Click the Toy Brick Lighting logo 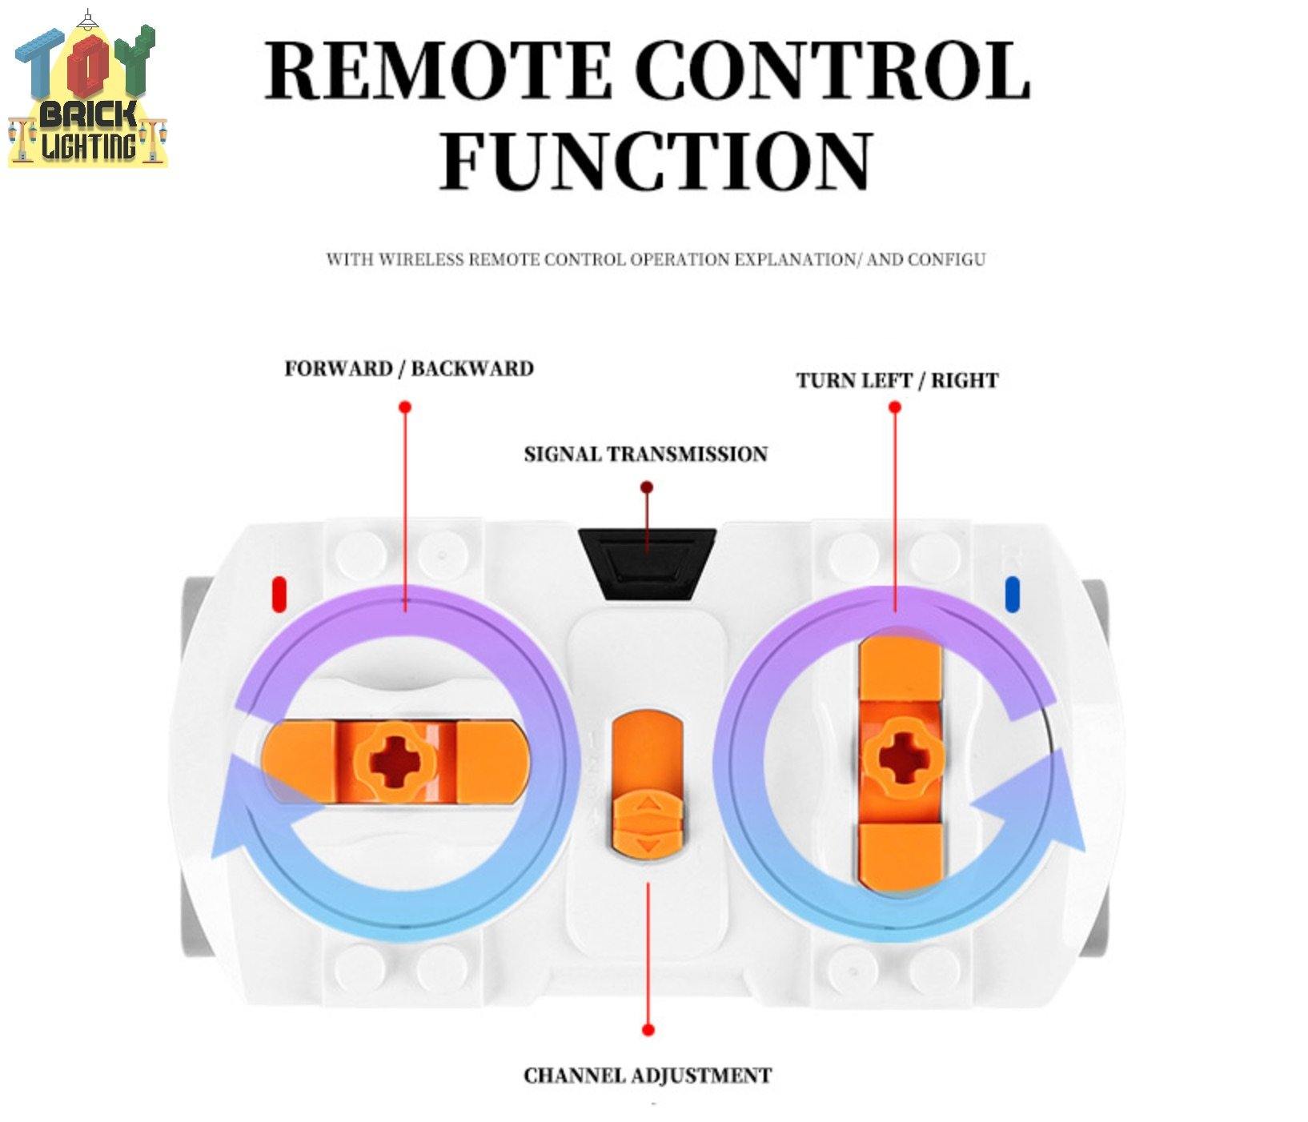[x=88, y=92]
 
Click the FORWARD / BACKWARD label [x=409, y=369]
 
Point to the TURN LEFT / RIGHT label [x=897, y=380]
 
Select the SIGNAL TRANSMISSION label [x=645, y=455]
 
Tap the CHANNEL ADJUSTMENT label [x=647, y=1075]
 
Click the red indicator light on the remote [x=279, y=594]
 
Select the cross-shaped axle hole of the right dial [x=901, y=757]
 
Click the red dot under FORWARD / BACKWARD [x=405, y=407]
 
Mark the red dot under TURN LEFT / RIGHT [x=895, y=407]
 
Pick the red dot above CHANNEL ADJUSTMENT [x=648, y=1029]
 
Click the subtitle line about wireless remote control [x=655, y=259]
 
